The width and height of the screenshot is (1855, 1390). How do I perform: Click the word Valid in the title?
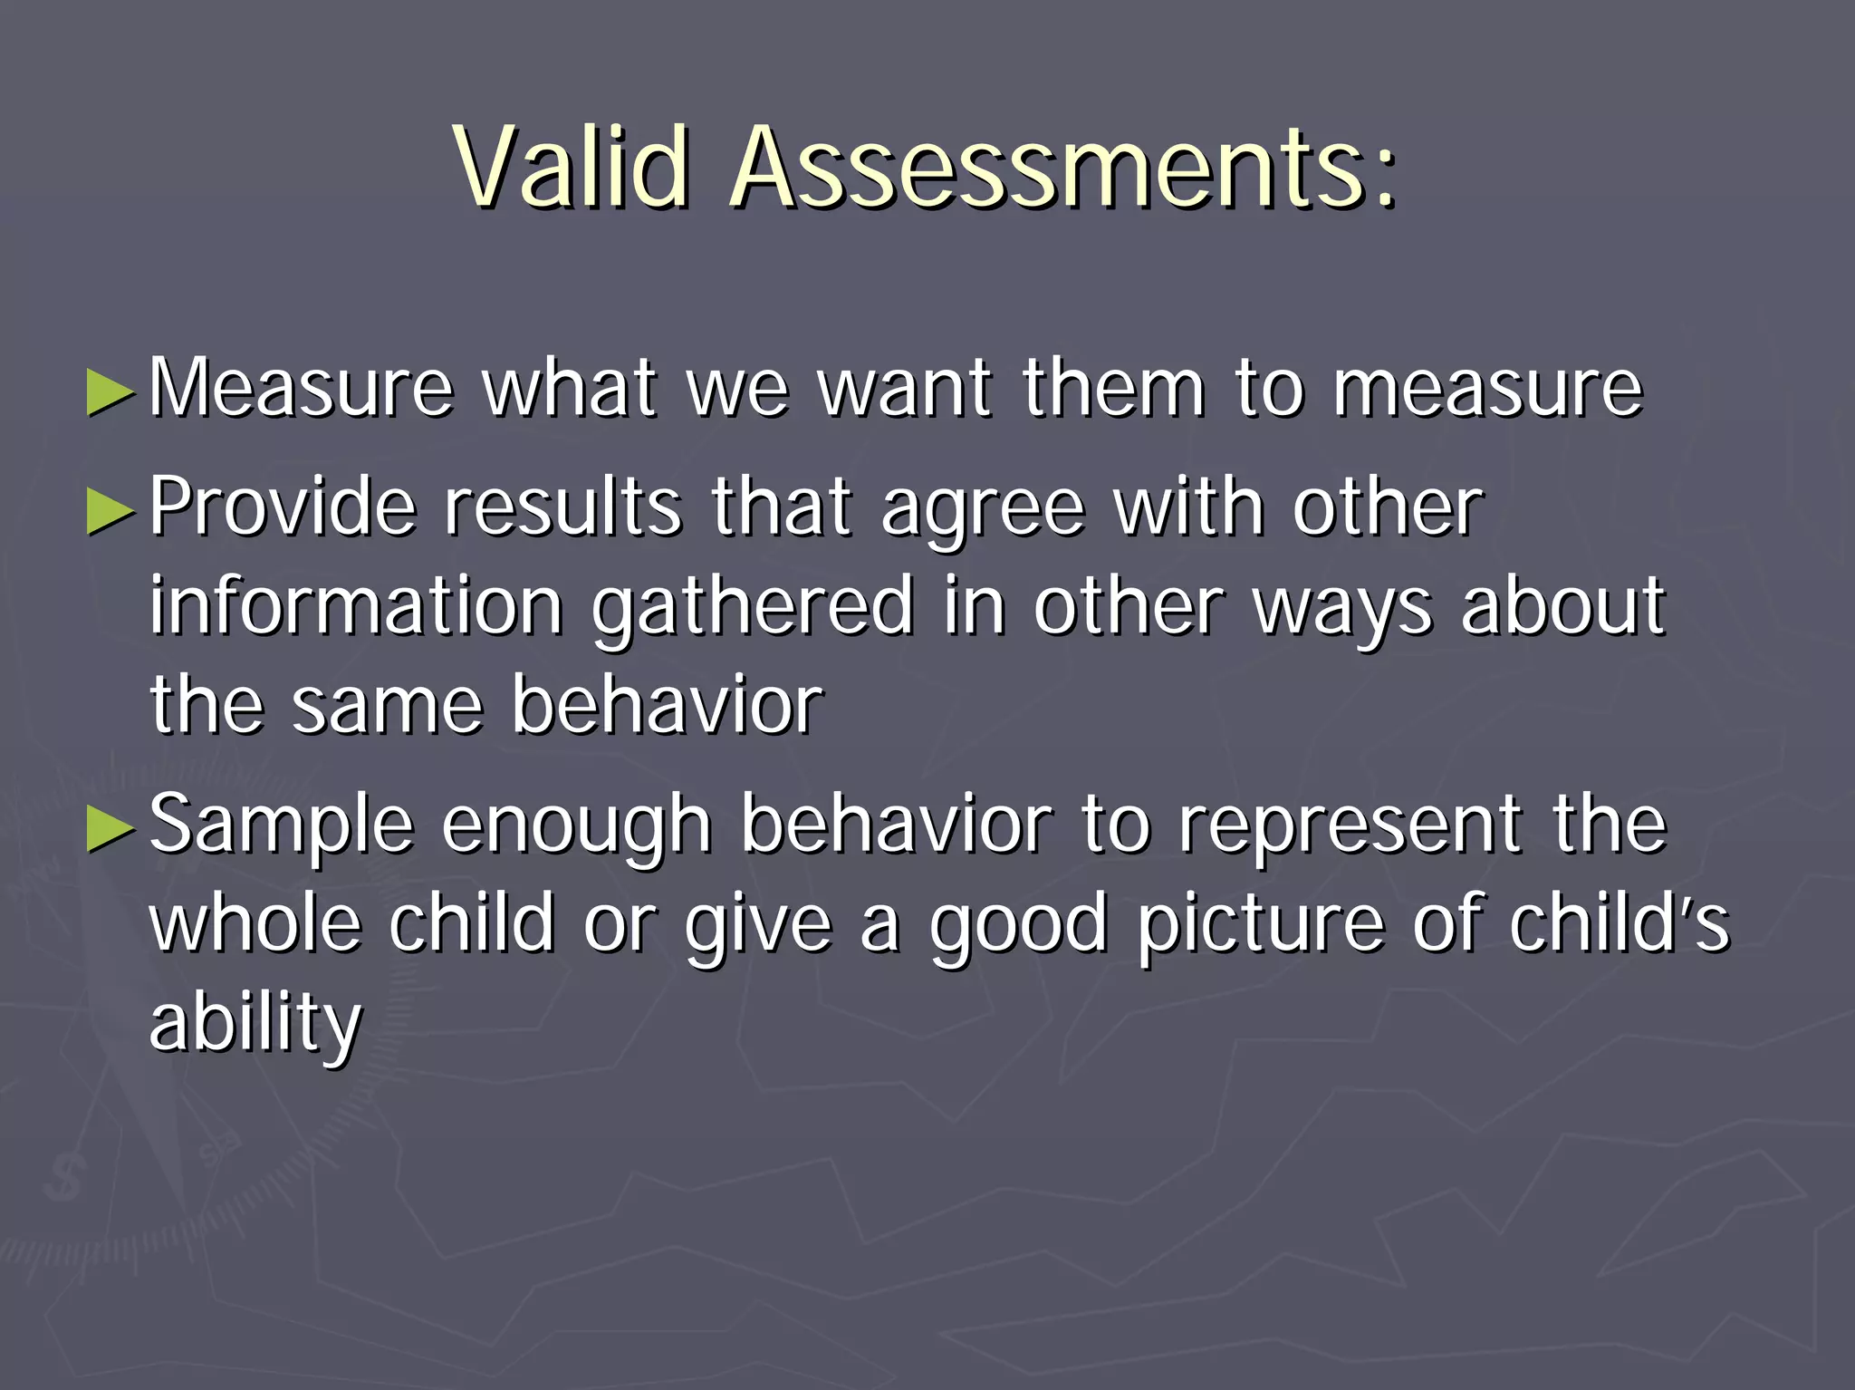coord(572,169)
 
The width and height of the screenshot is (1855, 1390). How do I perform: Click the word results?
coord(562,507)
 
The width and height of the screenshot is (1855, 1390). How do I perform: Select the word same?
coord(388,707)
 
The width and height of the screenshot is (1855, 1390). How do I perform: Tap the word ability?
coord(255,1024)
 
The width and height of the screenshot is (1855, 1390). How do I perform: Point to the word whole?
coord(256,923)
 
